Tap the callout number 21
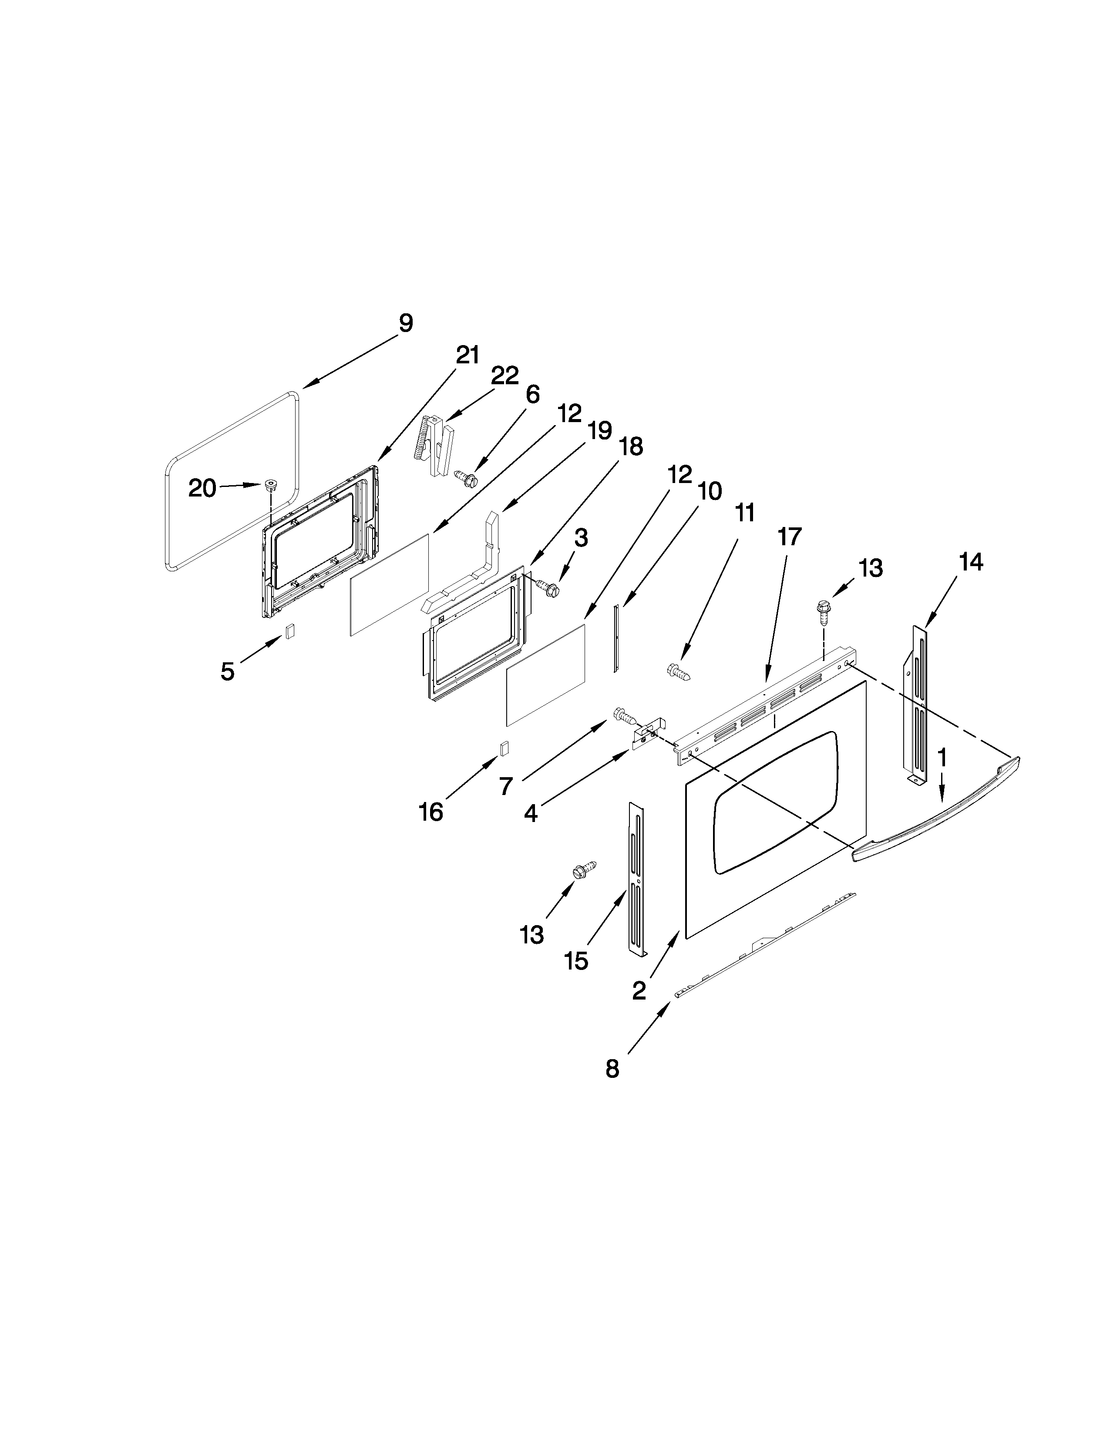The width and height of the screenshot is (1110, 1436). click(x=468, y=355)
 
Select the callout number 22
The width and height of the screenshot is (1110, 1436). click(x=505, y=376)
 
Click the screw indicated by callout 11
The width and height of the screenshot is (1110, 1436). click(x=677, y=672)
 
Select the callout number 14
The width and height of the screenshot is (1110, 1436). click(x=971, y=562)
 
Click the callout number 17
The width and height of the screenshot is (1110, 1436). click(x=789, y=537)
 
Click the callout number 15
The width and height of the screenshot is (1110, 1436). click(x=576, y=961)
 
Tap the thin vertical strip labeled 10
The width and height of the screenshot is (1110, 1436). click(x=616, y=638)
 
